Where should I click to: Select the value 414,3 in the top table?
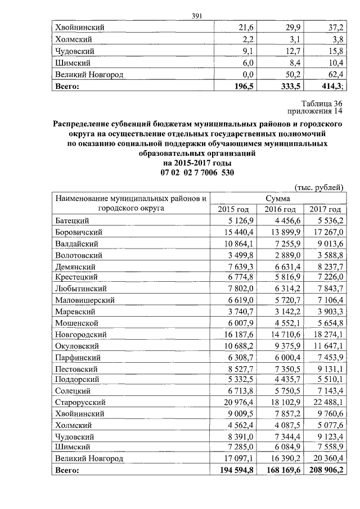click(329, 87)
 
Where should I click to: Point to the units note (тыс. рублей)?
click(318, 187)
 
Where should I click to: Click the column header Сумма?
click(279, 199)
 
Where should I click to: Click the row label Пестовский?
click(78, 368)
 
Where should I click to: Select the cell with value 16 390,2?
click(279, 459)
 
